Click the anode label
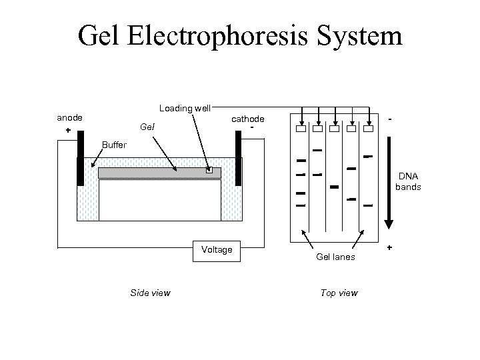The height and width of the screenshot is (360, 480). click(70, 117)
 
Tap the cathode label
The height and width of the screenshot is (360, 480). click(247, 118)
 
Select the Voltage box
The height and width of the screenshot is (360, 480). click(217, 249)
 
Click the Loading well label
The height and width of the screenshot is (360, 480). click(185, 108)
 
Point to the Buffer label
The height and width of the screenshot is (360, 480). click(113, 145)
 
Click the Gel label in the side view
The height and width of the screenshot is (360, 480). click(147, 127)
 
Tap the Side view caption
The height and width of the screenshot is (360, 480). click(150, 293)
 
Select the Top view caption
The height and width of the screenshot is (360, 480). click(339, 293)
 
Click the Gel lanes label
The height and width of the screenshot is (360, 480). click(335, 257)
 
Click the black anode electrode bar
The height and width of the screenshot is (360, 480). click(80, 158)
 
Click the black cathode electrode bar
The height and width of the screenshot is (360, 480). click(237, 158)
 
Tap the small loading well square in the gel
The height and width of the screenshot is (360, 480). click(209, 171)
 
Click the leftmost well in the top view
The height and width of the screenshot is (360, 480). click(301, 129)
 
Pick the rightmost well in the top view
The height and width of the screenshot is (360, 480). click(367, 129)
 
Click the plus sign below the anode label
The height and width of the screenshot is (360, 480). click(68, 131)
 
